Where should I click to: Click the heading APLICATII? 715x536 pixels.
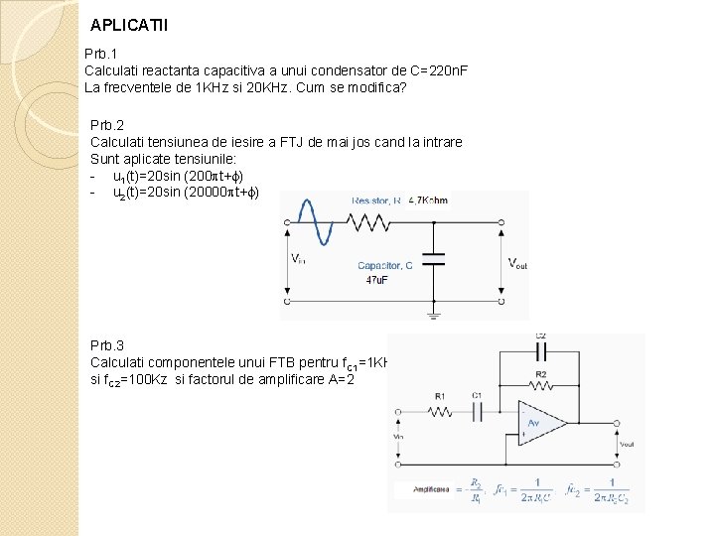tap(129, 25)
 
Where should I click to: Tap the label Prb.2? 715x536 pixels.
tap(107, 125)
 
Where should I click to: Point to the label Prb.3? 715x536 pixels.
tap(107, 345)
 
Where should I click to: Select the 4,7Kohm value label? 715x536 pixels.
tap(428, 201)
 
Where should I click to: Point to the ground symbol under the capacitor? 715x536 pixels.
tap(433, 315)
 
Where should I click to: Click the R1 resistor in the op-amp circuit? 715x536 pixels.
tap(441, 410)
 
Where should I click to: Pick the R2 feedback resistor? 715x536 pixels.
tap(540, 384)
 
